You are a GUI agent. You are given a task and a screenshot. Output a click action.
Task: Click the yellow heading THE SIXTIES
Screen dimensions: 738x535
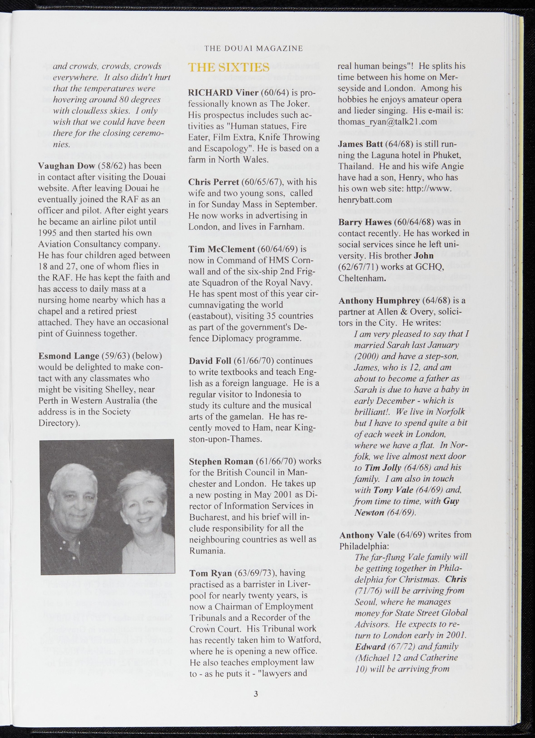tap(228, 67)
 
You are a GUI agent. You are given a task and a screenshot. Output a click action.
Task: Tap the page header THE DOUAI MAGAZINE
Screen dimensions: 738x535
tap(253, 48)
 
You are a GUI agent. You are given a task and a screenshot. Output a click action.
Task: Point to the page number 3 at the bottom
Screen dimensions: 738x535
tap(256, 694)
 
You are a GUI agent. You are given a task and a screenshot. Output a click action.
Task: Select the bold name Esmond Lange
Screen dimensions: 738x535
tap(68, 356)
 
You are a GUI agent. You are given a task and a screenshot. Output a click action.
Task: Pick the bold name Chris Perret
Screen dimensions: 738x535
tap(214, 182)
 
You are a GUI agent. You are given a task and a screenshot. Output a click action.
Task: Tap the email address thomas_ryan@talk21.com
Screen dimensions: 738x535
tap(387, 122)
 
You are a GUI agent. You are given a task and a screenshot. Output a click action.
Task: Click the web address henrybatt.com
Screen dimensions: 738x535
tap(365, 200)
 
